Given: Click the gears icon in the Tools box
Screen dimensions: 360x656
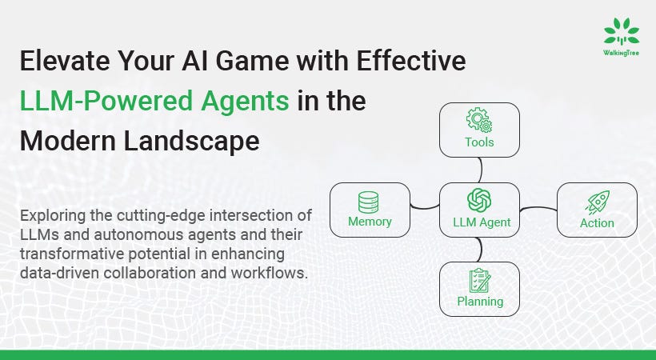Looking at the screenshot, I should coord(479,121).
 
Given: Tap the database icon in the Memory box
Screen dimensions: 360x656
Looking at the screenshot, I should coord(369,201).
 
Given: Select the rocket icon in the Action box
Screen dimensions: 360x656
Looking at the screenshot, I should coord(597,202).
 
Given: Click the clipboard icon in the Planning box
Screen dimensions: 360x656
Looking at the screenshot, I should coord(479,280).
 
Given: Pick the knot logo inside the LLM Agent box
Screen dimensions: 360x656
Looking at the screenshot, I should coord(479,200).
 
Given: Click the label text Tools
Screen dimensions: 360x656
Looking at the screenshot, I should coord(479,142).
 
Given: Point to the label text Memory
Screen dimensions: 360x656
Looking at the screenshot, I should coord(370,222).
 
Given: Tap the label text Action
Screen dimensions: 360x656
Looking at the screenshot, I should coord(597,223).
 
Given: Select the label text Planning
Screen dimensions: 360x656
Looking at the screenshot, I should coord(480,302).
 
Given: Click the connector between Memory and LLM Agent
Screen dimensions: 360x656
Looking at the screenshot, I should coord(425,209).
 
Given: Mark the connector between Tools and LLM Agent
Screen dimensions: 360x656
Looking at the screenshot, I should coord(480,170).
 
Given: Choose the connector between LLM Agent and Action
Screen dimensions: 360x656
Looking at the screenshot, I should coord(538,210).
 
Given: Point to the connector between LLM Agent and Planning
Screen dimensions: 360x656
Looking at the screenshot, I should coord(480,250).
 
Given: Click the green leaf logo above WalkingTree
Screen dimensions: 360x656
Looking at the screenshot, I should coord(621,32).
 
